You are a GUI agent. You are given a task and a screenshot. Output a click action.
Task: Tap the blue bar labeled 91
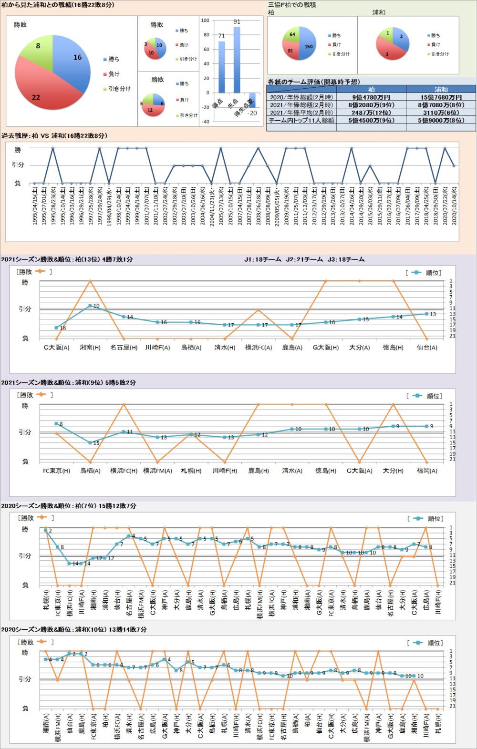(237, 60)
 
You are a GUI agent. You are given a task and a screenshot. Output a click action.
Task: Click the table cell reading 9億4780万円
(371, 97)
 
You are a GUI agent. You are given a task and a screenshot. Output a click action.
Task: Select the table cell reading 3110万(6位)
(441, 113)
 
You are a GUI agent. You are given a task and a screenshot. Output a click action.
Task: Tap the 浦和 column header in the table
(441, 89)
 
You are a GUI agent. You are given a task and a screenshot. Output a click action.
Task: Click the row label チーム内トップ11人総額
(301, 120)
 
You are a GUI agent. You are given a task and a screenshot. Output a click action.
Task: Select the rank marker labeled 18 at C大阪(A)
(56, 328)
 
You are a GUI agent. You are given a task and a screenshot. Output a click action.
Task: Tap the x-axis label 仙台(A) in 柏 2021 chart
(426, 348)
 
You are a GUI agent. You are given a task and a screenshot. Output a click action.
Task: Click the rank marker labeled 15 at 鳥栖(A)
(90, 443)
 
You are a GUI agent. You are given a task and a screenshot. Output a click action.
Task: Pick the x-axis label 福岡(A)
(426, 471)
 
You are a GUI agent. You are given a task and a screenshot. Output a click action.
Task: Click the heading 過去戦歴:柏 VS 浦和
(54, 136)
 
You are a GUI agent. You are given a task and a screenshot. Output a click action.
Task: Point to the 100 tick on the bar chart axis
(205, 21)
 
